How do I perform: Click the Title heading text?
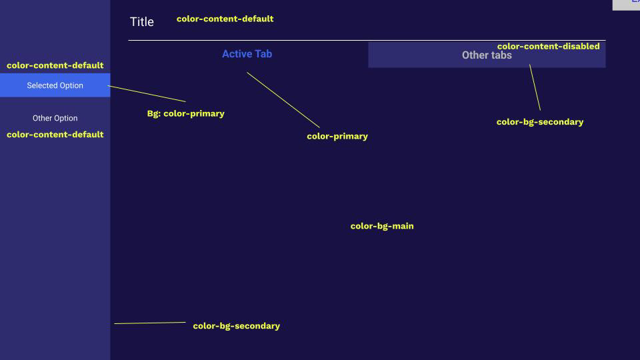tap(141, 22)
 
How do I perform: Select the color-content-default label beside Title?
tap(225, 19)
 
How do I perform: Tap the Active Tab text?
tap(247, 54)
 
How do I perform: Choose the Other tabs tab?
tap(487, 55)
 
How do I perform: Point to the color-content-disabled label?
tap(548, 46)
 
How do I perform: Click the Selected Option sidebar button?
tap(55, 85)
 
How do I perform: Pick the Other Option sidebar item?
tap(55, 118)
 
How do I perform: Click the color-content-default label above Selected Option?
tap(55, 65)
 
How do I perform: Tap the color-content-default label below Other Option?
tap(55, 134)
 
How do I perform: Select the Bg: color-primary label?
tap(185, 113)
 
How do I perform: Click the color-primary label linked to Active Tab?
tap(337, 136)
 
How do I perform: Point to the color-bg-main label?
tap(382, 226)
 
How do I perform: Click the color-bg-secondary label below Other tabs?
tap(539, 122)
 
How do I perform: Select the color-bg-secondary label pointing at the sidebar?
tap(236, 326)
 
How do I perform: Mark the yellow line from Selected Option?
tap(147, 93)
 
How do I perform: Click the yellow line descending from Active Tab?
tap(283, 100)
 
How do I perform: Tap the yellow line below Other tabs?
tap(535, 87)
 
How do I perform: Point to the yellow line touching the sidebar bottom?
tap(150, 323)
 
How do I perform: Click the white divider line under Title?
tap(367, 41)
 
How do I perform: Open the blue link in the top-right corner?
tap(635, 2)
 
